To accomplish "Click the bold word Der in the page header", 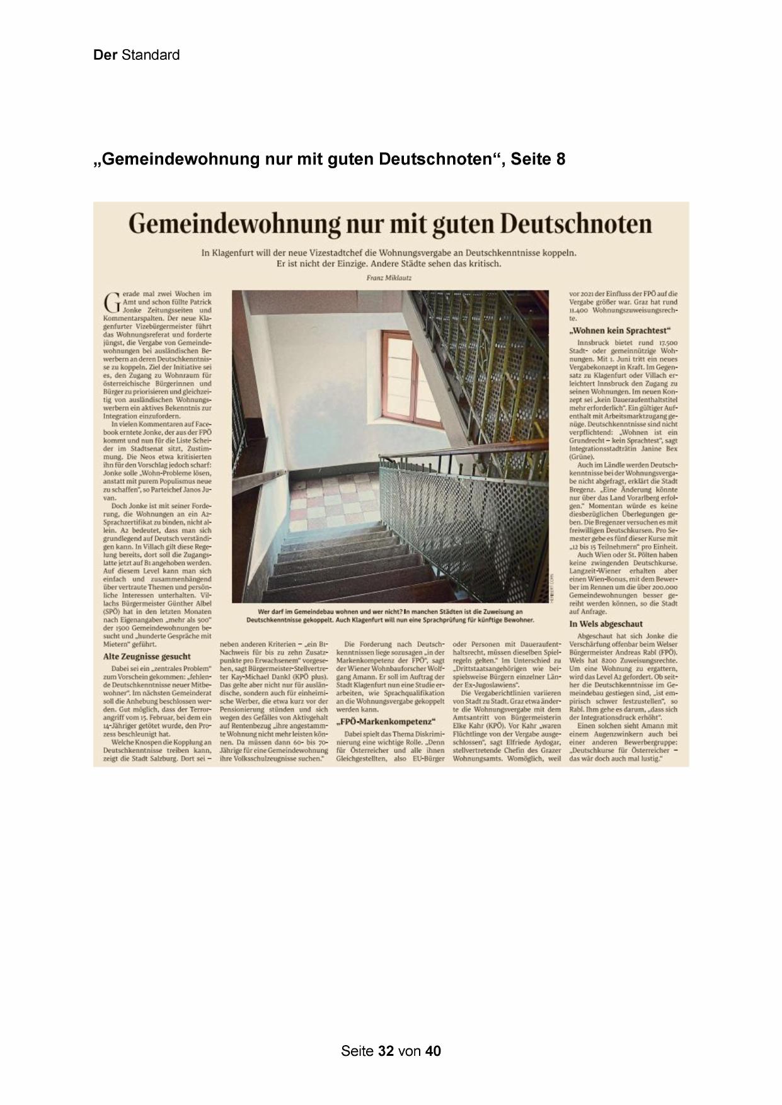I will click(x=105, y=55).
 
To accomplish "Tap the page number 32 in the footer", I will click(x=386, y=1051).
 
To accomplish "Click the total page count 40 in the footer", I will click(x=433, y=1051).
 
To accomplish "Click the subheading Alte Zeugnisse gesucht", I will click(x=146, y=656).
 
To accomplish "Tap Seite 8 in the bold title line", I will click(x=538, y=159).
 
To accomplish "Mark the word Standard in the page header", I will click(x=151, y=55).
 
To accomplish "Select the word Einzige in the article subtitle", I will click(x=350, y=264).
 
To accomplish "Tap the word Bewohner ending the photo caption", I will click(x=517, y=619).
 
